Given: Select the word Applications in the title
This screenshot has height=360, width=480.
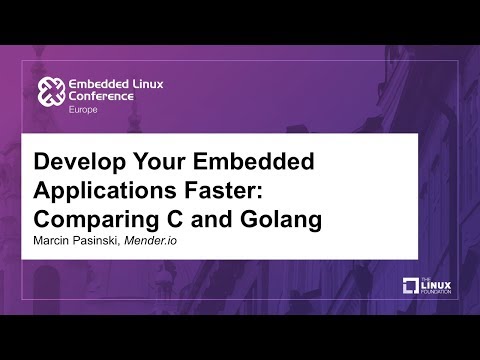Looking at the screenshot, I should [105, 191].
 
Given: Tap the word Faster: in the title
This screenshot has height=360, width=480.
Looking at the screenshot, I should [226, 191].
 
